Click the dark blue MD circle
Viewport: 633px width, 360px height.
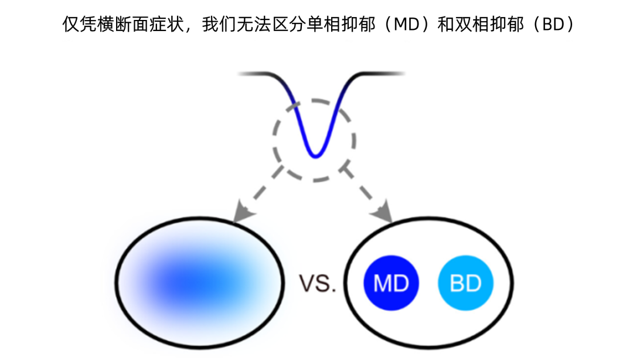point(391,284)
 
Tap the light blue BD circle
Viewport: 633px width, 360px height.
point(466,284)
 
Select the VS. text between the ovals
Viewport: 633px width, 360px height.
point(318,284)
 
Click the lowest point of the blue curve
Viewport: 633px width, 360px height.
point(315,156)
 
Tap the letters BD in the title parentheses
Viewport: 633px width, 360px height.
point(550,25)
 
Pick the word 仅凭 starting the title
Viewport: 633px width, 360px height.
point(79,25)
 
